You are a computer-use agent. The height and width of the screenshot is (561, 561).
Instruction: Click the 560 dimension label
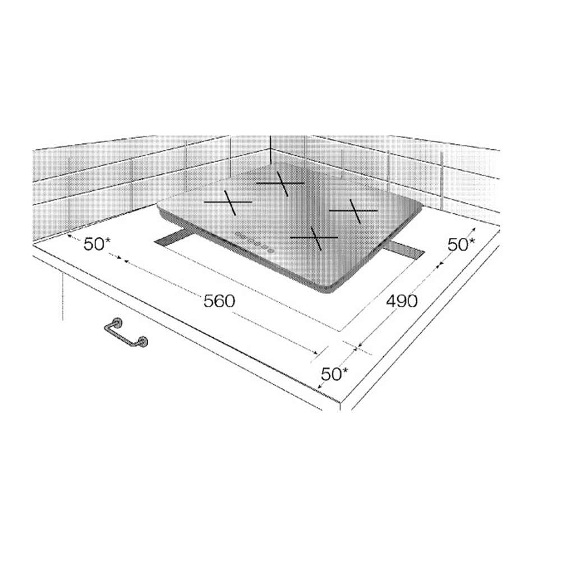point(219,301)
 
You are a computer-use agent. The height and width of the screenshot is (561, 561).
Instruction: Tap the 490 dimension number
point(402,301)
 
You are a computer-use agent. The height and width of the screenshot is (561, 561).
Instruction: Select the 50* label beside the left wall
point(97,244)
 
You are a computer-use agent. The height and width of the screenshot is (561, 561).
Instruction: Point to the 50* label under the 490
point(334,374)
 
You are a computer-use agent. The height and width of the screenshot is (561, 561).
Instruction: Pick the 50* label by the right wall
point(461,245)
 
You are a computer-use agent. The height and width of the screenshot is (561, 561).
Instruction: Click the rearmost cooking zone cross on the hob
point(281,183)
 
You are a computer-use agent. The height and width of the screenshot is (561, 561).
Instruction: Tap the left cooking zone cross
point(228,202)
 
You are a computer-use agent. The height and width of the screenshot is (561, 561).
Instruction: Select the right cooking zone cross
point(353,211)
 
